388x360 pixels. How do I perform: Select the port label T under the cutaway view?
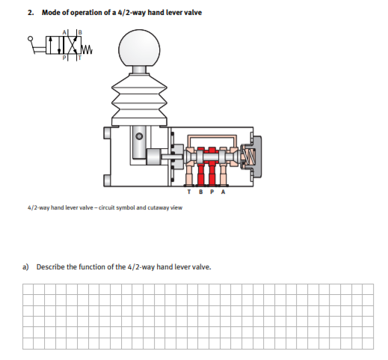190,191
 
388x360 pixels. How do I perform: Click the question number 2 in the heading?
29,13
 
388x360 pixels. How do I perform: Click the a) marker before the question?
25,266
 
